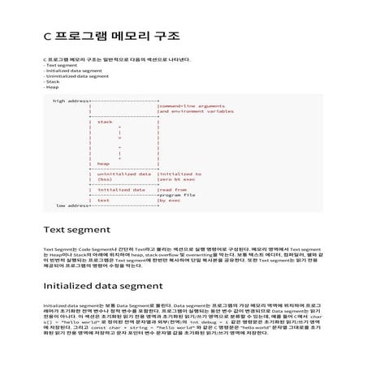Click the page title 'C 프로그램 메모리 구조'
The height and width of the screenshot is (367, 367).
[110, 37]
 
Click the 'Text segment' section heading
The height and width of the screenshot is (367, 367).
[77, 230]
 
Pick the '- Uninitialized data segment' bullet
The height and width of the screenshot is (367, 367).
[76, 76]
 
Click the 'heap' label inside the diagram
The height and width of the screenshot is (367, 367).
[103, 164]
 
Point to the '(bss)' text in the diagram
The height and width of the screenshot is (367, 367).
[105, 179]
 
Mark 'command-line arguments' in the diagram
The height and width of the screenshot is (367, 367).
[192, 106]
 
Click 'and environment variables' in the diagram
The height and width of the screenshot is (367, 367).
[195, 111]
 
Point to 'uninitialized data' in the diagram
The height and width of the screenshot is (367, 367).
[123, 174]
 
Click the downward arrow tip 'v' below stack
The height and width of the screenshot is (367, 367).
[121, 138]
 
